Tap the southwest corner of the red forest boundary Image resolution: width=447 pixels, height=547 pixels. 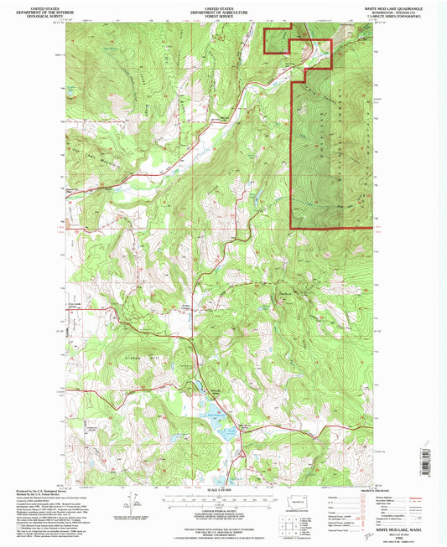291,228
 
